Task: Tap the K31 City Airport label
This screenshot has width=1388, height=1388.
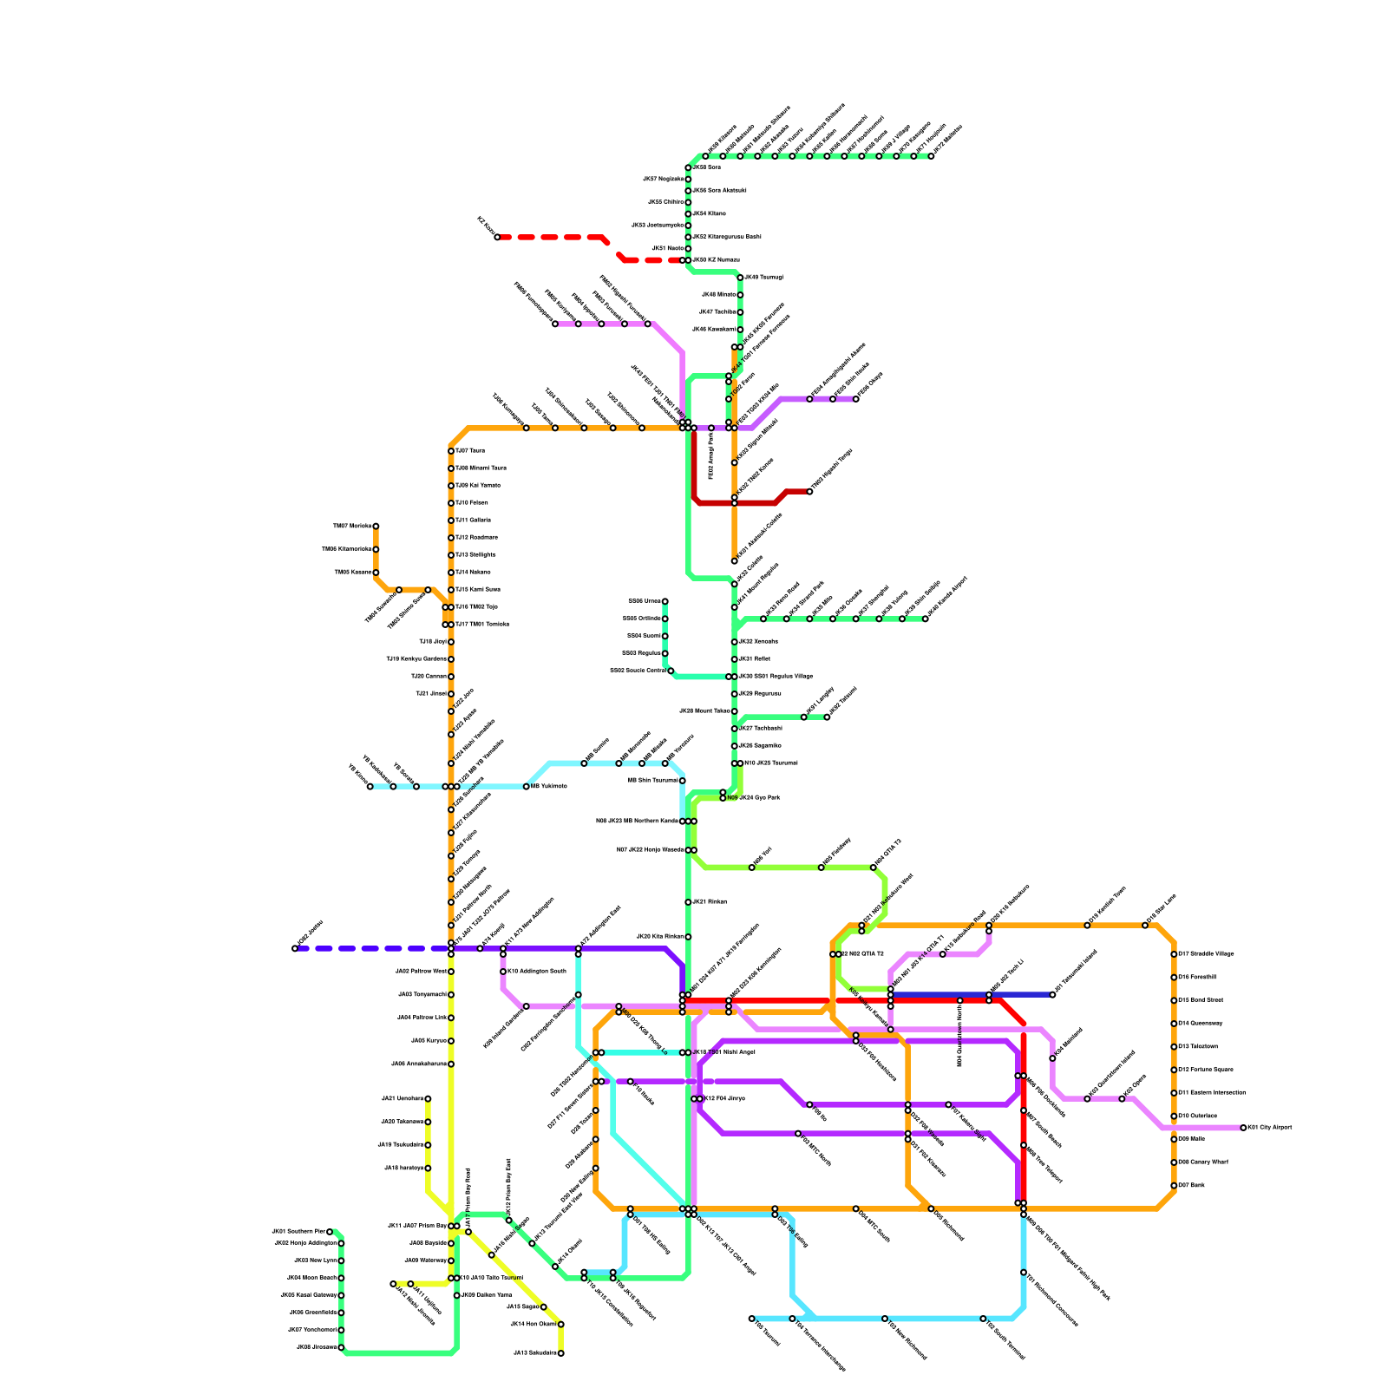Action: pyautogui.click(x=1270, y=1128)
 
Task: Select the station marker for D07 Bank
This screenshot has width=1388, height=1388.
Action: pyautogui.click(x=1174, y=1186)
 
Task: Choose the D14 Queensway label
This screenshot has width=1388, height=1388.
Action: pyautogui.click(x=1200, y=1024)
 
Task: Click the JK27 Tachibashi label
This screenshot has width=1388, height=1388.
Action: pyautogui.click(x=760, y=728)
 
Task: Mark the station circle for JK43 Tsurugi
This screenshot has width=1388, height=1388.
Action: pyautogui.click(x=740, y=278)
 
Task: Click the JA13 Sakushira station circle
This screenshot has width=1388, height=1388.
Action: pyautogui.click(x=561, y=1353)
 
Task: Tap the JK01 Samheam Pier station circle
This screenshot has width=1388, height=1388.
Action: pyautogui.click(x=330, y=1232)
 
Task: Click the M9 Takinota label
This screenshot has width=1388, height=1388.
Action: pyautogui.click(x=548, y=786)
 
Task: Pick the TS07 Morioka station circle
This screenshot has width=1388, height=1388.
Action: pyautogui.click(x=376, y=527)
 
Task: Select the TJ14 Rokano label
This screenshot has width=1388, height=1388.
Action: pyautogui.click(x=473, y=572)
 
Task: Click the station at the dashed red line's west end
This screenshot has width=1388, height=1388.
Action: pyautogui.click(x=497, y=237)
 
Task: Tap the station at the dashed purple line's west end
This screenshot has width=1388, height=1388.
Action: pyautogui.click(x=295, y=948)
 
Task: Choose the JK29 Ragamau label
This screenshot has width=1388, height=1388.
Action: pyautogui.click(x=760, y=693)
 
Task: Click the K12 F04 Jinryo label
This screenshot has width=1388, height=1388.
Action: pyautogui.click(x=724, y=1099)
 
